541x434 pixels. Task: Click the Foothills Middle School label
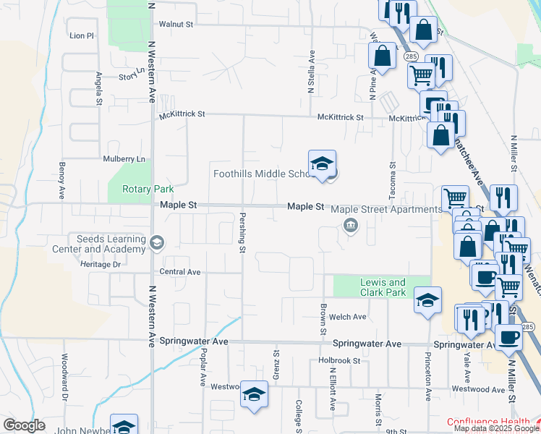click(261, 174)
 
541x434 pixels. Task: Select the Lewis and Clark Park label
click(383, 287)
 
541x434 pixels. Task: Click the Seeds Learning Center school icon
click(157, 242)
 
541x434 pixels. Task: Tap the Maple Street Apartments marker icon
click(351, 226)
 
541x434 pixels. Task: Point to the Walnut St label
click(176, 24)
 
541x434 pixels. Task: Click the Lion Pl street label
click(82, 35)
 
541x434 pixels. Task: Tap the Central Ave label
click(179, 272)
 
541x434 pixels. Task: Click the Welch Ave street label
click(348, 317)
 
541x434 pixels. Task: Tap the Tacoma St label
click(393, 178)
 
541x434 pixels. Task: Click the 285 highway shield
click(410, 56)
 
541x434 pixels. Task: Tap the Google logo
click(24, 425)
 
